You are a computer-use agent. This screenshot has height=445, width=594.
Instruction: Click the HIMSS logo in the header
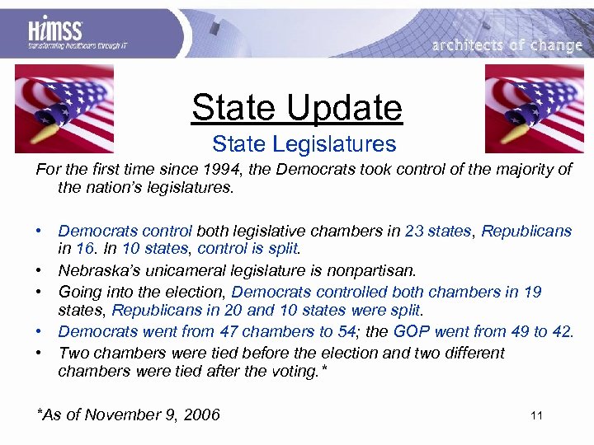(x=55, y=35)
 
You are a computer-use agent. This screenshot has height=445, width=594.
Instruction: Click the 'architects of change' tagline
(x=507, y=45)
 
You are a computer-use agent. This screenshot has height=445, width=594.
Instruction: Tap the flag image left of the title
(x=64, y=108)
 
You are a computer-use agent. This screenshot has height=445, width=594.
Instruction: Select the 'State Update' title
(x=296, y=107)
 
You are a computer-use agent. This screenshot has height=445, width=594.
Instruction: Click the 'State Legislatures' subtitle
(x=304, y=145)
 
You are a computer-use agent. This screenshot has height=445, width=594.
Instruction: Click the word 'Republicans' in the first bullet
(x=526, y=231)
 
